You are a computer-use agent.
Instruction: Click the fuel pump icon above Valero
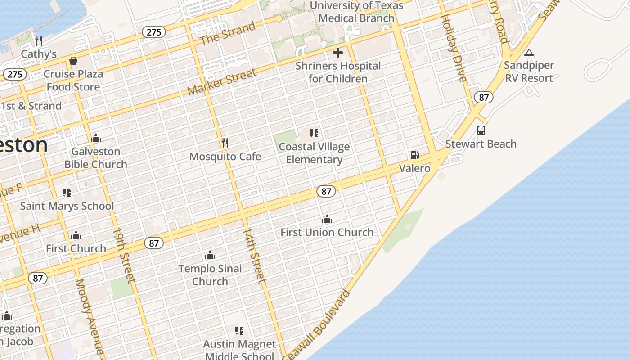pos(414,155)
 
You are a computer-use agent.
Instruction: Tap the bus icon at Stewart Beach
pos(481,130)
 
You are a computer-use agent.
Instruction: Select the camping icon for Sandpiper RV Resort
pos(529,53)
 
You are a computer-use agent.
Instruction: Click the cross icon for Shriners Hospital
pos(337,53)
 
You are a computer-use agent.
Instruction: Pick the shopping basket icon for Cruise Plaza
pos(73,61)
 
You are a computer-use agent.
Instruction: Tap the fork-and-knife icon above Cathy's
pos(39,41)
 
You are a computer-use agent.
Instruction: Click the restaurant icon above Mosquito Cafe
pos(225,143)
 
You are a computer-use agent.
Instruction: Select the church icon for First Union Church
pos(327,220)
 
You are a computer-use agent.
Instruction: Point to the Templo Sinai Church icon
pos(210,256)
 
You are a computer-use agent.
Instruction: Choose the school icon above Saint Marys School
pos(67,193)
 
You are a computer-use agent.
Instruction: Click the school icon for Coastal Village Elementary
pos(314,133)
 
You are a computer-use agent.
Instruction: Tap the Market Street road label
pos(222,82)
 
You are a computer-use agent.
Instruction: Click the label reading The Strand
pos(228,33)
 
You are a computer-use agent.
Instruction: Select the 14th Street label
pos(254,255)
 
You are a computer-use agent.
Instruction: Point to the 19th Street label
pos(123,255)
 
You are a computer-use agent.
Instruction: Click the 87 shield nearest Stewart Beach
pos(483,97)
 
